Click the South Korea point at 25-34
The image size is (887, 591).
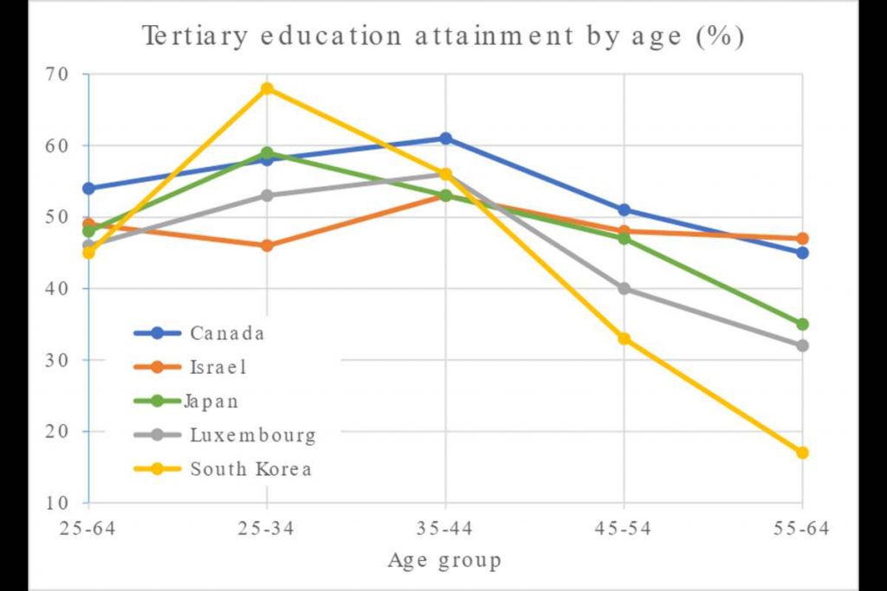pyautogui.click(x=267, y=88)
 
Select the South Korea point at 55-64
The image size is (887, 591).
pyautogui.click(x=802, y=453)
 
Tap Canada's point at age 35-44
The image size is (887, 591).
pyautogui.click(x=445, y=138)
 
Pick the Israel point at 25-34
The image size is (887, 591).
pyautogui.click(x=267, y=246)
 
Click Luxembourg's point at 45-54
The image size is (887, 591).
pyautogui.click(x=624, y=288)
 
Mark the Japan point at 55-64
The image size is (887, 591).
pyautogui.click(x=802, y=324)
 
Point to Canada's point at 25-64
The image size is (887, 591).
pyautogui.click(x=88, y=188)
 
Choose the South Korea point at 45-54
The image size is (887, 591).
pyautogui.click(x=624, y=338)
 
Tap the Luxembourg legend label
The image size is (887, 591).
pyautogui.click(x=252, y=435)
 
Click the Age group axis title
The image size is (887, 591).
pyautogui.click(x=443, y=561)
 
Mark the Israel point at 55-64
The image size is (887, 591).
pyautogui.click(x=802, y=238)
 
